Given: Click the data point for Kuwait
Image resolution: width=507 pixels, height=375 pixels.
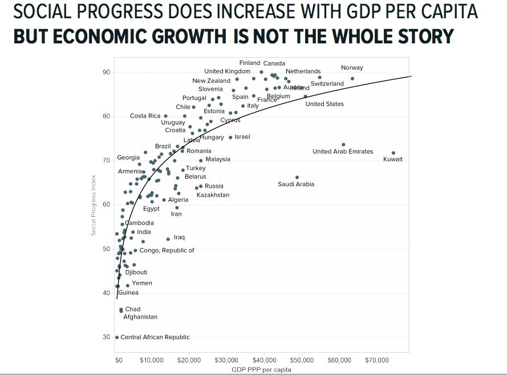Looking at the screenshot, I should click(394, 153).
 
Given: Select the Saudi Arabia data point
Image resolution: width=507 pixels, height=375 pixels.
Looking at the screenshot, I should click(297, 178).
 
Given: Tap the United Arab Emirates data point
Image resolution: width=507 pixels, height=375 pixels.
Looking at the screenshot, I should click(343, 145).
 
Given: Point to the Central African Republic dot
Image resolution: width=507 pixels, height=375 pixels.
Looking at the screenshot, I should click(117, 337).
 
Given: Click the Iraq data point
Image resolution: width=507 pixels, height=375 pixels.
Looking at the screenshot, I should click(168, 239).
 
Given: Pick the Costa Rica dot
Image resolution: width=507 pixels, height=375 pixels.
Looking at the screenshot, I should click(166, 116).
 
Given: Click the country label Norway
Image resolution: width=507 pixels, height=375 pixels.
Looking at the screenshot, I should click(352, 68).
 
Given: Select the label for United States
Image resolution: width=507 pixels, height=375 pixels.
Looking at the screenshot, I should click(325, 104).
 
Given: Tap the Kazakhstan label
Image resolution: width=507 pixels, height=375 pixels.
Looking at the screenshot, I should click(213, 195).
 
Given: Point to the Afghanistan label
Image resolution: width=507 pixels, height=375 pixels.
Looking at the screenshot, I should click(140, 317).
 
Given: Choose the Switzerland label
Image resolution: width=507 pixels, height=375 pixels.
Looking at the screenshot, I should click(327, 84).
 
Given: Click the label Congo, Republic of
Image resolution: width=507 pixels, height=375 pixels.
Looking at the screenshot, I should click(167, 250).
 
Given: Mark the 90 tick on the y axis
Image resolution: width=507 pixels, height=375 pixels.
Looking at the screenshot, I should click(106, 72).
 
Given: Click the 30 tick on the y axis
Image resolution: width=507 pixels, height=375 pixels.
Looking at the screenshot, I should click(106, 337).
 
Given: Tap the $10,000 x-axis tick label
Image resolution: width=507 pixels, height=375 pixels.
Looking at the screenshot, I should click(152, 361).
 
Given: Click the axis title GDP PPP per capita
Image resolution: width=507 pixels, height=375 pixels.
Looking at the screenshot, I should click(262, 370).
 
